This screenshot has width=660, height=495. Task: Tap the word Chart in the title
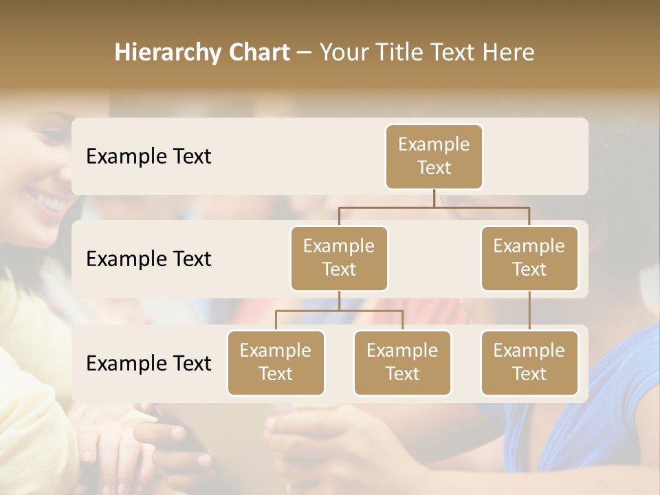[256, 53]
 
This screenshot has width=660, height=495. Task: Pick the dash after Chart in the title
[305, 54]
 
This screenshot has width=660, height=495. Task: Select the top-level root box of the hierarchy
[434, 156]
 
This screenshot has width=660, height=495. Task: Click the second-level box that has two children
[339, 258]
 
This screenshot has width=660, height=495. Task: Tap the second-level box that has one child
[529, 258]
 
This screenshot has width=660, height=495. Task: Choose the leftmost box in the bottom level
[276, 362]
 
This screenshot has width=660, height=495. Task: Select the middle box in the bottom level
[402, 362]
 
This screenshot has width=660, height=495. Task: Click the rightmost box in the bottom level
[529, 362]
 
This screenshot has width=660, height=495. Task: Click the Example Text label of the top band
[148, 156]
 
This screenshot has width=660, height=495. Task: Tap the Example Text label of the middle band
[148, 258]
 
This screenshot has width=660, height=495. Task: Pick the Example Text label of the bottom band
[148, 363]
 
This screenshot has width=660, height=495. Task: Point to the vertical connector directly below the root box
[434, 198]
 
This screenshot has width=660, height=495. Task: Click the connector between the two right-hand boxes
[529, 311]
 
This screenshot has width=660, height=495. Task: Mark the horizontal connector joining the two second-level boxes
[434, 207]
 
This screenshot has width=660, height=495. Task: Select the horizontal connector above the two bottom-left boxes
[339, 311]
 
